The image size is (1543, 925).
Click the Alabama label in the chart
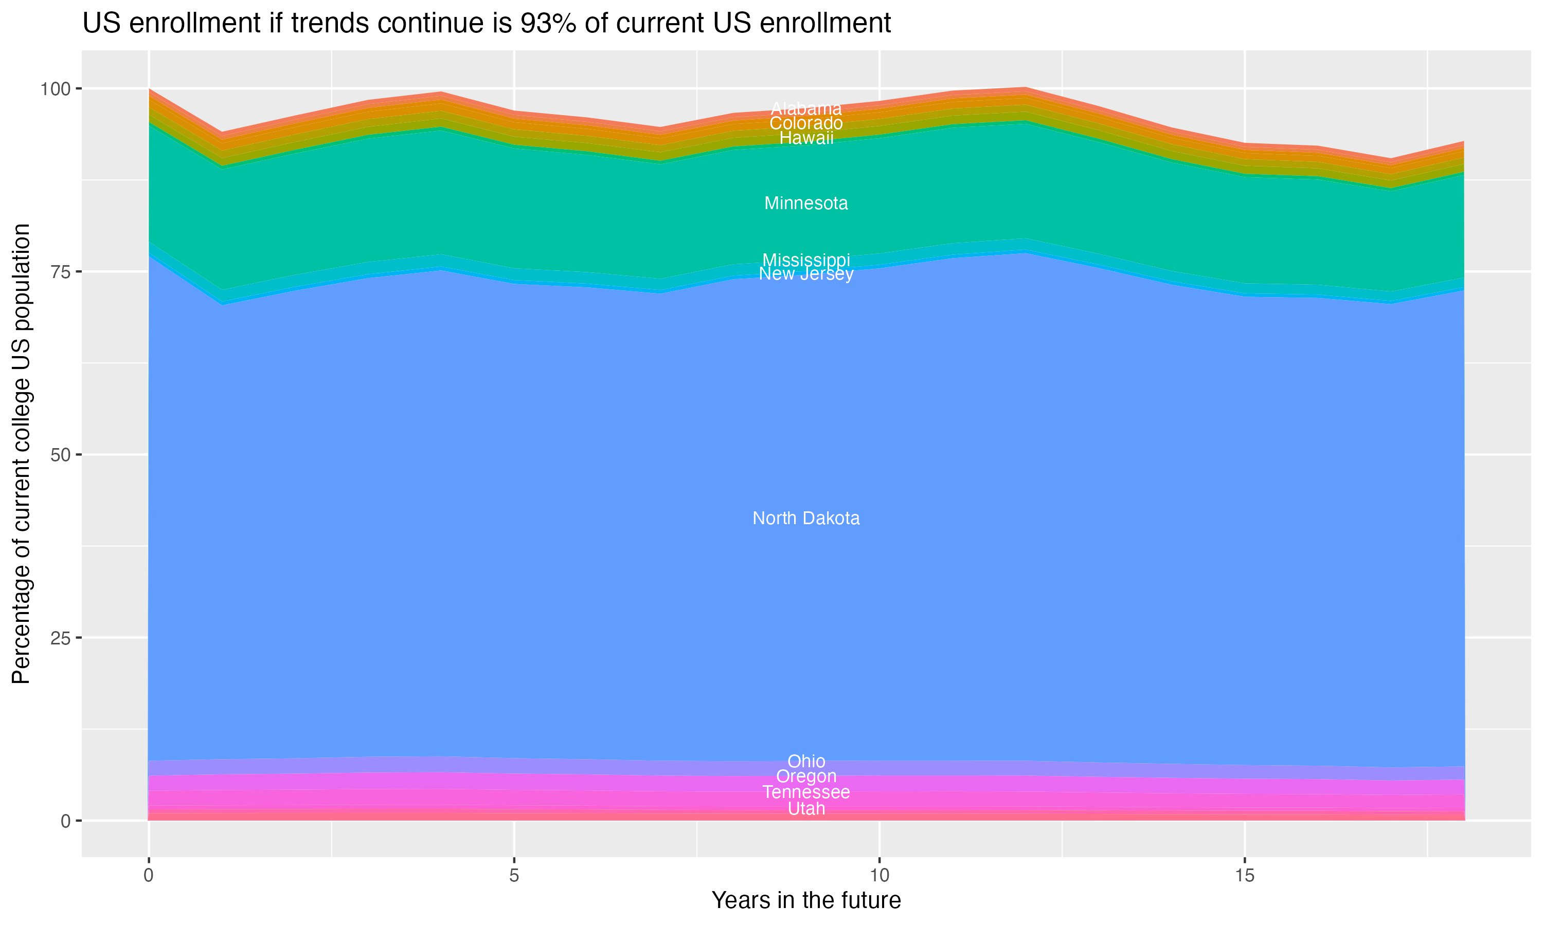click(x=806, y=108)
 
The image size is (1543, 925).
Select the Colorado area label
click(x=806, y=123)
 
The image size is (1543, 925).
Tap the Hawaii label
click(x=806, y=138)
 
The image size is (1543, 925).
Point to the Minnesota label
click(x=806, y=203)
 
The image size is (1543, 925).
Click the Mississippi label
click(x=806, y=260)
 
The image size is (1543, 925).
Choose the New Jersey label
click(x=806, y=274)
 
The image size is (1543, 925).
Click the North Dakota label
click(x=806, y=518)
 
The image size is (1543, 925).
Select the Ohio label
click(x=806, y=761)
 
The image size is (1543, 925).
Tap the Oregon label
click(x=806, y=776)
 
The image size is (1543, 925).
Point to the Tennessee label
click(x=806, y=792)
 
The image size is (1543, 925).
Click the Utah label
click(x=806, y=808)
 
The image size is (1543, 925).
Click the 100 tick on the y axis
click(x=56, y=88)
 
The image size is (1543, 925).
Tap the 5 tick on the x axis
click(x=514, y=876)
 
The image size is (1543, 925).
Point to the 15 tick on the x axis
click(x=1244, y=876)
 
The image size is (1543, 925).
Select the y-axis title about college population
click(x=21, y=454)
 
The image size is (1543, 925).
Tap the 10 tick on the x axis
click(x=879, y=876)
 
